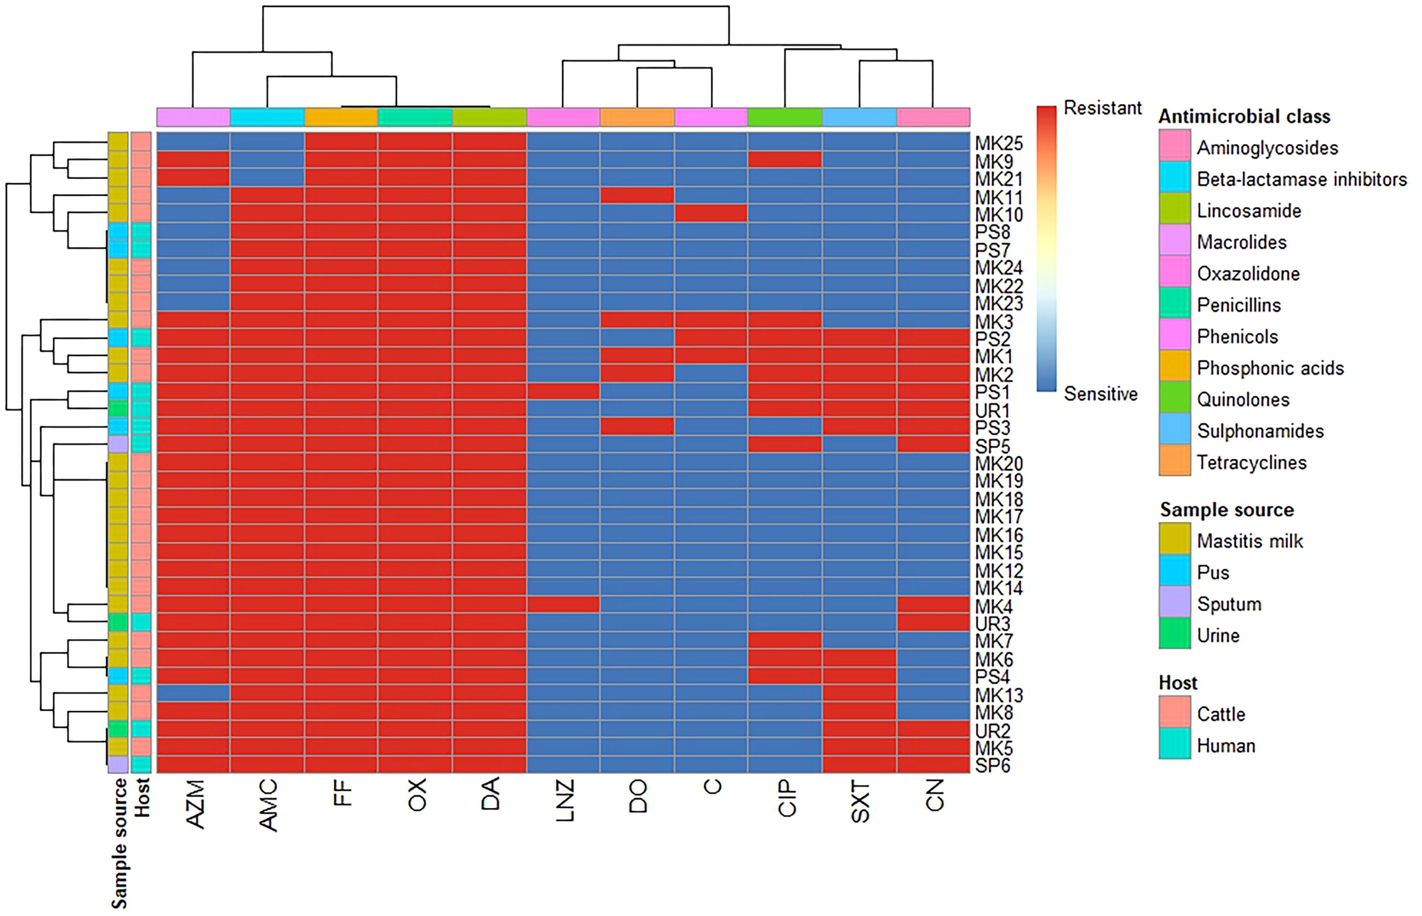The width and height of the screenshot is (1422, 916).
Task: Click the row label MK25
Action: tap(998, 144)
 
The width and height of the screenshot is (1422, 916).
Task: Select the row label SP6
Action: tap(992, 766)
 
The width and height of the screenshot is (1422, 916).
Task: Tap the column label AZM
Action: tap(195, 804)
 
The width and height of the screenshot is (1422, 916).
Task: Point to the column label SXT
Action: tap(860, 802)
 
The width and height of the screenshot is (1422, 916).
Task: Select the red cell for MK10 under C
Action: tap(711, 213)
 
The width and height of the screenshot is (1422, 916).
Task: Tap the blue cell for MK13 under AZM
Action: tap(193, 693)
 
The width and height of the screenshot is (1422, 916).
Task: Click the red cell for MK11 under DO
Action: tap(637, 195)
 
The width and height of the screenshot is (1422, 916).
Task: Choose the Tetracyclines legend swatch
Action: tap(1174, 461)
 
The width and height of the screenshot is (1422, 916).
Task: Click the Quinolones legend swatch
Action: tap(1174, 398)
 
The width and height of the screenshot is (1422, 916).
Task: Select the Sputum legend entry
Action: tap(1229, 604)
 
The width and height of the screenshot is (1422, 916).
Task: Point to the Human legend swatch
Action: tap(1174, 745)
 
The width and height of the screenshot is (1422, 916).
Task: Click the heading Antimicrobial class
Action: tap(1244, 116)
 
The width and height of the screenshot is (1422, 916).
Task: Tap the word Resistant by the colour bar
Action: tap(1102, 108)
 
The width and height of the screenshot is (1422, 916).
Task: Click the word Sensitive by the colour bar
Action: tap(1100, 394)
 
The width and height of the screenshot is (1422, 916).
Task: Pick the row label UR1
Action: tap(992, 410)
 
